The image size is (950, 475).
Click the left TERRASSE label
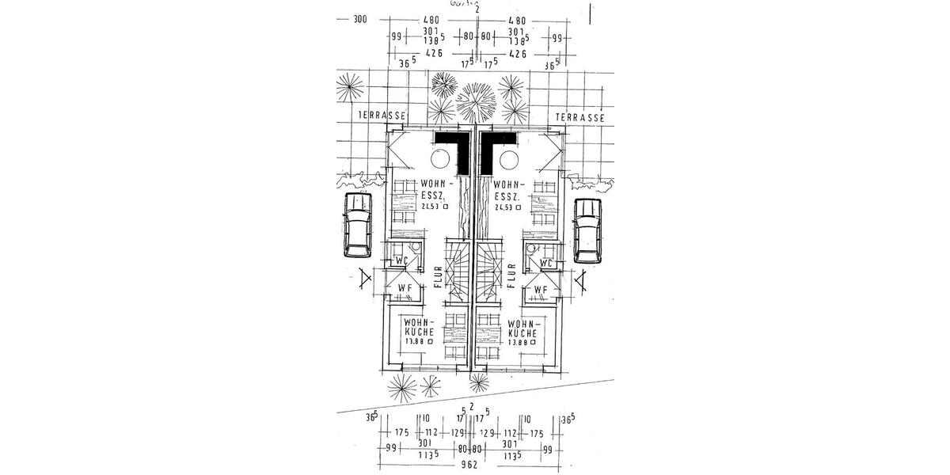point(382,116)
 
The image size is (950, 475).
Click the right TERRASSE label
point(580,116)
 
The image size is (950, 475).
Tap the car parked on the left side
point(357,226)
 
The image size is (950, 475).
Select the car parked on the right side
point(587,230)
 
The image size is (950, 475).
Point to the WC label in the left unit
point(401,261)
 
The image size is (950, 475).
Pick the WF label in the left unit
point(404,288)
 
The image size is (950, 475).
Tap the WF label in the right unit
point(541,290)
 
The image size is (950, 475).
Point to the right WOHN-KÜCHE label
point(524,333)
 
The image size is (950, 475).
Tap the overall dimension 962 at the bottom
point(470,465)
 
